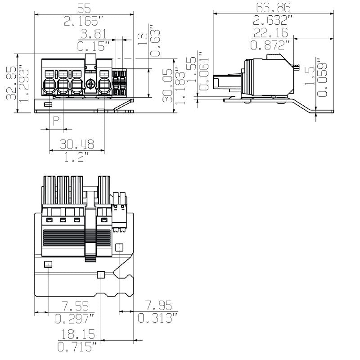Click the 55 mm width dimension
pyautogui.click(x=84, y=8)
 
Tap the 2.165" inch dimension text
pyautogui.click(x=84, y=21)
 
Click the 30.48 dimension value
pyautogui.click(x=77, y=144)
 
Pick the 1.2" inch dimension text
pyautogui.click(x=77, y=157)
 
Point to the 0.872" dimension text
pyautogui.click(x=270, y=45)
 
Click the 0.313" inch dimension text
pyautogui.click(x=157, y=319)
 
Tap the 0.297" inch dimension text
pyautogui.click(x=75, y=319)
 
